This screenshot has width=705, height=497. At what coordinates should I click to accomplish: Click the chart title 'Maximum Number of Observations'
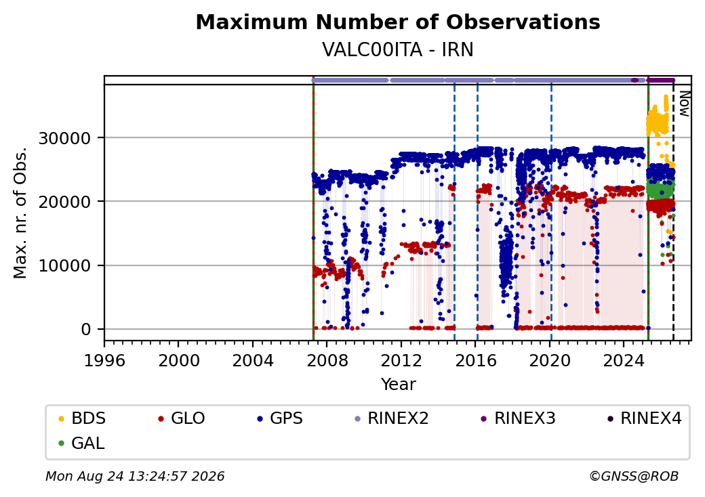(x=398, y=22)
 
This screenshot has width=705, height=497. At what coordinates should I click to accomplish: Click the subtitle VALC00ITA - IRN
(x=398, y=49)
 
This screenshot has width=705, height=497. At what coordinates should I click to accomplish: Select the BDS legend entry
(x=82, y=418)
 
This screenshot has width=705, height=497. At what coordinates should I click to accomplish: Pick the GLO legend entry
(x=181, y=418)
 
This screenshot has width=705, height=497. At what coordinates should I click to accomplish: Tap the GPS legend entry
(x=280, y=418)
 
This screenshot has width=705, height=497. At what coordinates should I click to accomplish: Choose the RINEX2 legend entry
(x=392, y=418)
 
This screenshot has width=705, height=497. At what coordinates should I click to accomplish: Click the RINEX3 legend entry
(x=519, y=418)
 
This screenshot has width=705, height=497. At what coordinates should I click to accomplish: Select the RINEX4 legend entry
(x=645, y=418)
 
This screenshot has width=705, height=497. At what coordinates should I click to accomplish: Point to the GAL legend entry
(x=81, y=443)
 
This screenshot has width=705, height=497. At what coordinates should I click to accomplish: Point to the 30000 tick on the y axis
(x=65, y=138)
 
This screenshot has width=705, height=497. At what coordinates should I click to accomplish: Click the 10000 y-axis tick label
(x=65, y=266)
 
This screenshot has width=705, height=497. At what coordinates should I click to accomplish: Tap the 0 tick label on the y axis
(x=86, y=330)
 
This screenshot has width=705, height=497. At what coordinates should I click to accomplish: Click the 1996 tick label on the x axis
(x=104, y=360)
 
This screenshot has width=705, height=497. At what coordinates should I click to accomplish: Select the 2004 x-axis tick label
(x=253, y=360)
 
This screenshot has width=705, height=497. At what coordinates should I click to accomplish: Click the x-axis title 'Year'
(x=399, y=385)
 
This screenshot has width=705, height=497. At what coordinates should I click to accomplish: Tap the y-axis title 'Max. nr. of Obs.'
(x=20, y=213)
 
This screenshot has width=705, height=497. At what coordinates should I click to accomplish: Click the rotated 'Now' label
(x=684, y=104)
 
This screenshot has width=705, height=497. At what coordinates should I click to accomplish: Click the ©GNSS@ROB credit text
(x=634, y=476)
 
